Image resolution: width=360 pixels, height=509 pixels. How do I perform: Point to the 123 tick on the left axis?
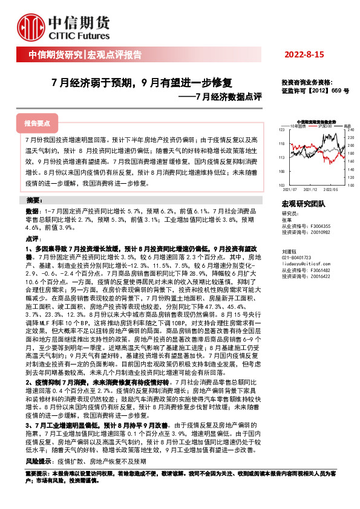282,130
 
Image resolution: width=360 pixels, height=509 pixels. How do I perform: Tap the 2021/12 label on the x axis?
308,189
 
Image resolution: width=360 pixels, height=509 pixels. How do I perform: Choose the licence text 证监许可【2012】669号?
315,90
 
